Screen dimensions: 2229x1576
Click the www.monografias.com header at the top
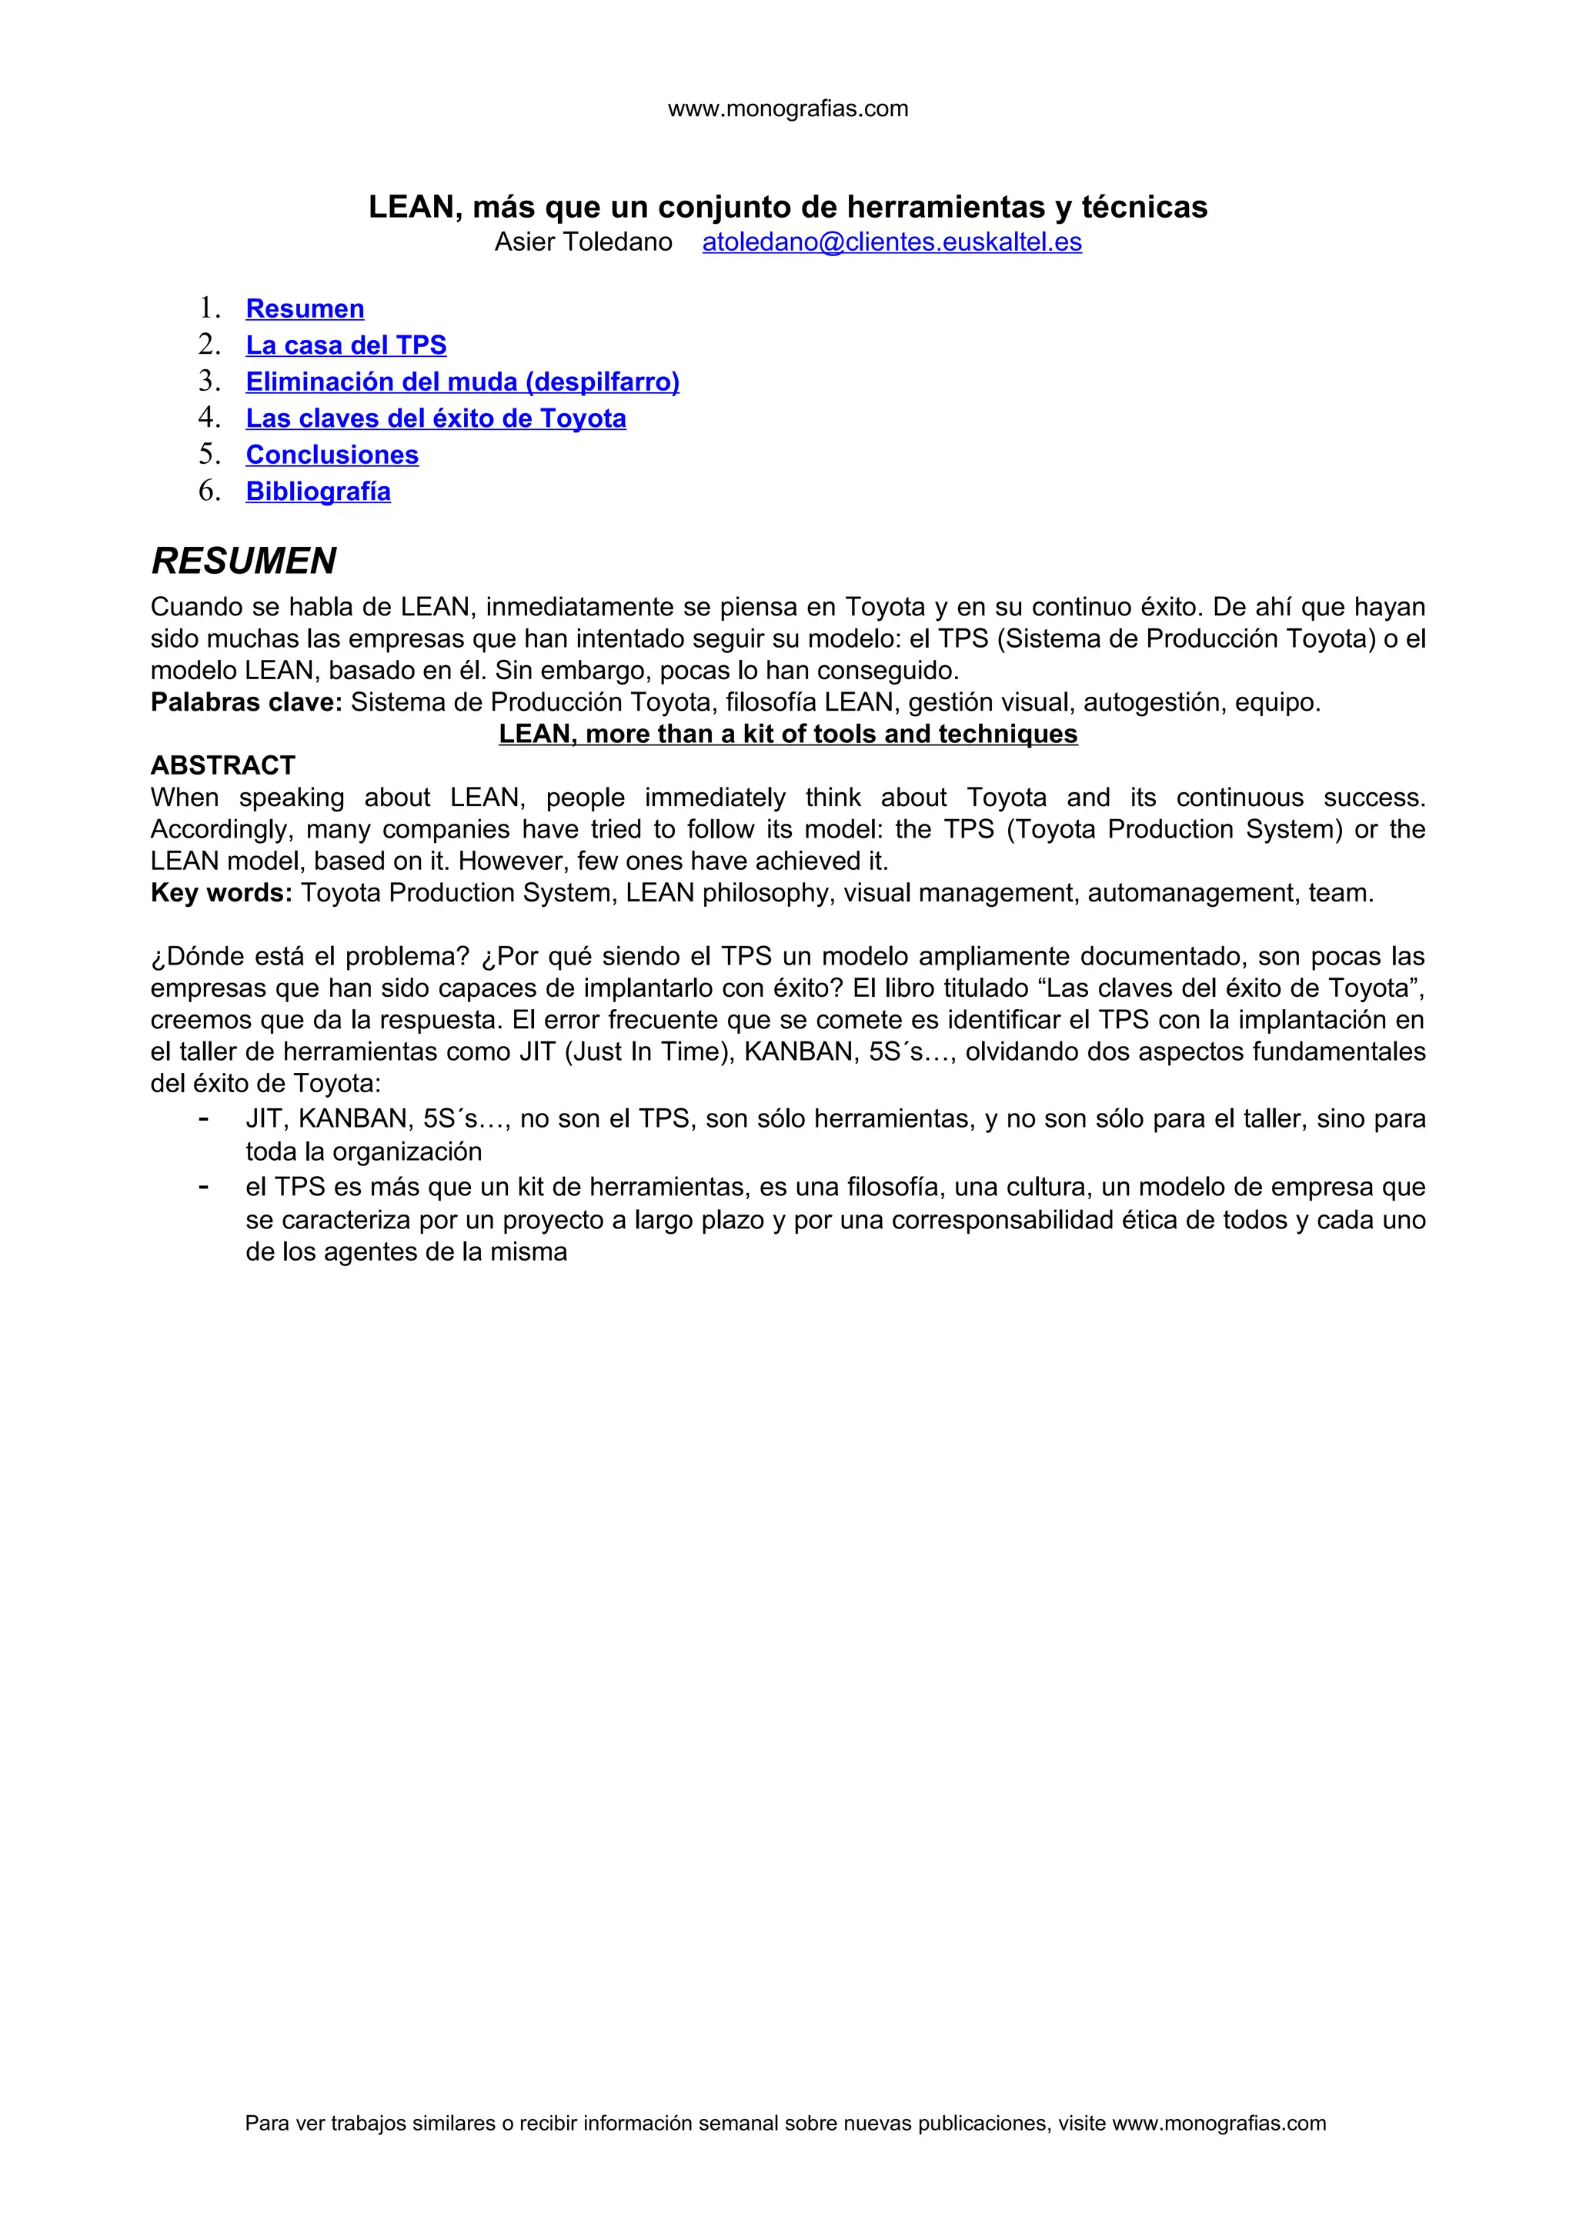[787, 108]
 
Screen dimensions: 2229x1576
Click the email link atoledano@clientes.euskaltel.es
[891, 242]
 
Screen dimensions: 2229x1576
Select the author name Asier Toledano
[583, 242]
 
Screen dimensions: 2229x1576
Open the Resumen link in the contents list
[305, 308]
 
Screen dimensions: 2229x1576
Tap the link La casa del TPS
[346, 345]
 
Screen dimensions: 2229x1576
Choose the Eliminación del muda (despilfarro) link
[462, 381]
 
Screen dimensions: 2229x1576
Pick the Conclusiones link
[332, 455]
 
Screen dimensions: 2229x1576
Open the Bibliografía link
[319, 491]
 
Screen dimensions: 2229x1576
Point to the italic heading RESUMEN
[244, 561]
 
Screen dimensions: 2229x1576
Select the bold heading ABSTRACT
[222, 765]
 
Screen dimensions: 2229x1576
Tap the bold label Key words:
[222, 893]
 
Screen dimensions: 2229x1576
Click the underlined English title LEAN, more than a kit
[787, 734]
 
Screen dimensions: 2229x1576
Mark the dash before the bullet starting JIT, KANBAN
[203, 1118]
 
